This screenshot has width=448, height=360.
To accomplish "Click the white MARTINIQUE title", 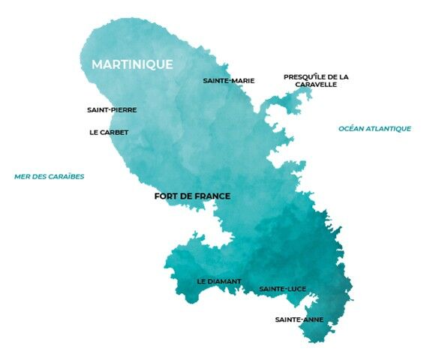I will [132, 64].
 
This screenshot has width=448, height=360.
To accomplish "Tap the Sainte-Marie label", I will [229, 80].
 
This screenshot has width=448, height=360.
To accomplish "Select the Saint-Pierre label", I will [112, 109].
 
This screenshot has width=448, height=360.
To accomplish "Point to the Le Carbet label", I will [109, 132].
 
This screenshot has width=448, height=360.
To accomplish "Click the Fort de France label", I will [191, 196].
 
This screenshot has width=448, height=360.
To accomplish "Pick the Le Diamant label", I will [219, 281].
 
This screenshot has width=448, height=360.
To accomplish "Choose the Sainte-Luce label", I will [282, 289].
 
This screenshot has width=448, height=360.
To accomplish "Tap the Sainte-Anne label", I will [299, 319].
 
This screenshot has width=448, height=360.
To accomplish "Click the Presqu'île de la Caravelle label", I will [316, 80].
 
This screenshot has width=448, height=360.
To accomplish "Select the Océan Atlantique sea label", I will [374, 128].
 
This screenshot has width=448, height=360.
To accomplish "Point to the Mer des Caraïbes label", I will [50, 177].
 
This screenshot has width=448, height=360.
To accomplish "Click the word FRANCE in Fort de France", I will [211, 196].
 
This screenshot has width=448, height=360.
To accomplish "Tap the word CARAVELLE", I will [315, 85].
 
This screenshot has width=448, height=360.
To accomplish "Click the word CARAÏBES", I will [65, 177].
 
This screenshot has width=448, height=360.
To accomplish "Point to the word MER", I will [22, 177].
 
